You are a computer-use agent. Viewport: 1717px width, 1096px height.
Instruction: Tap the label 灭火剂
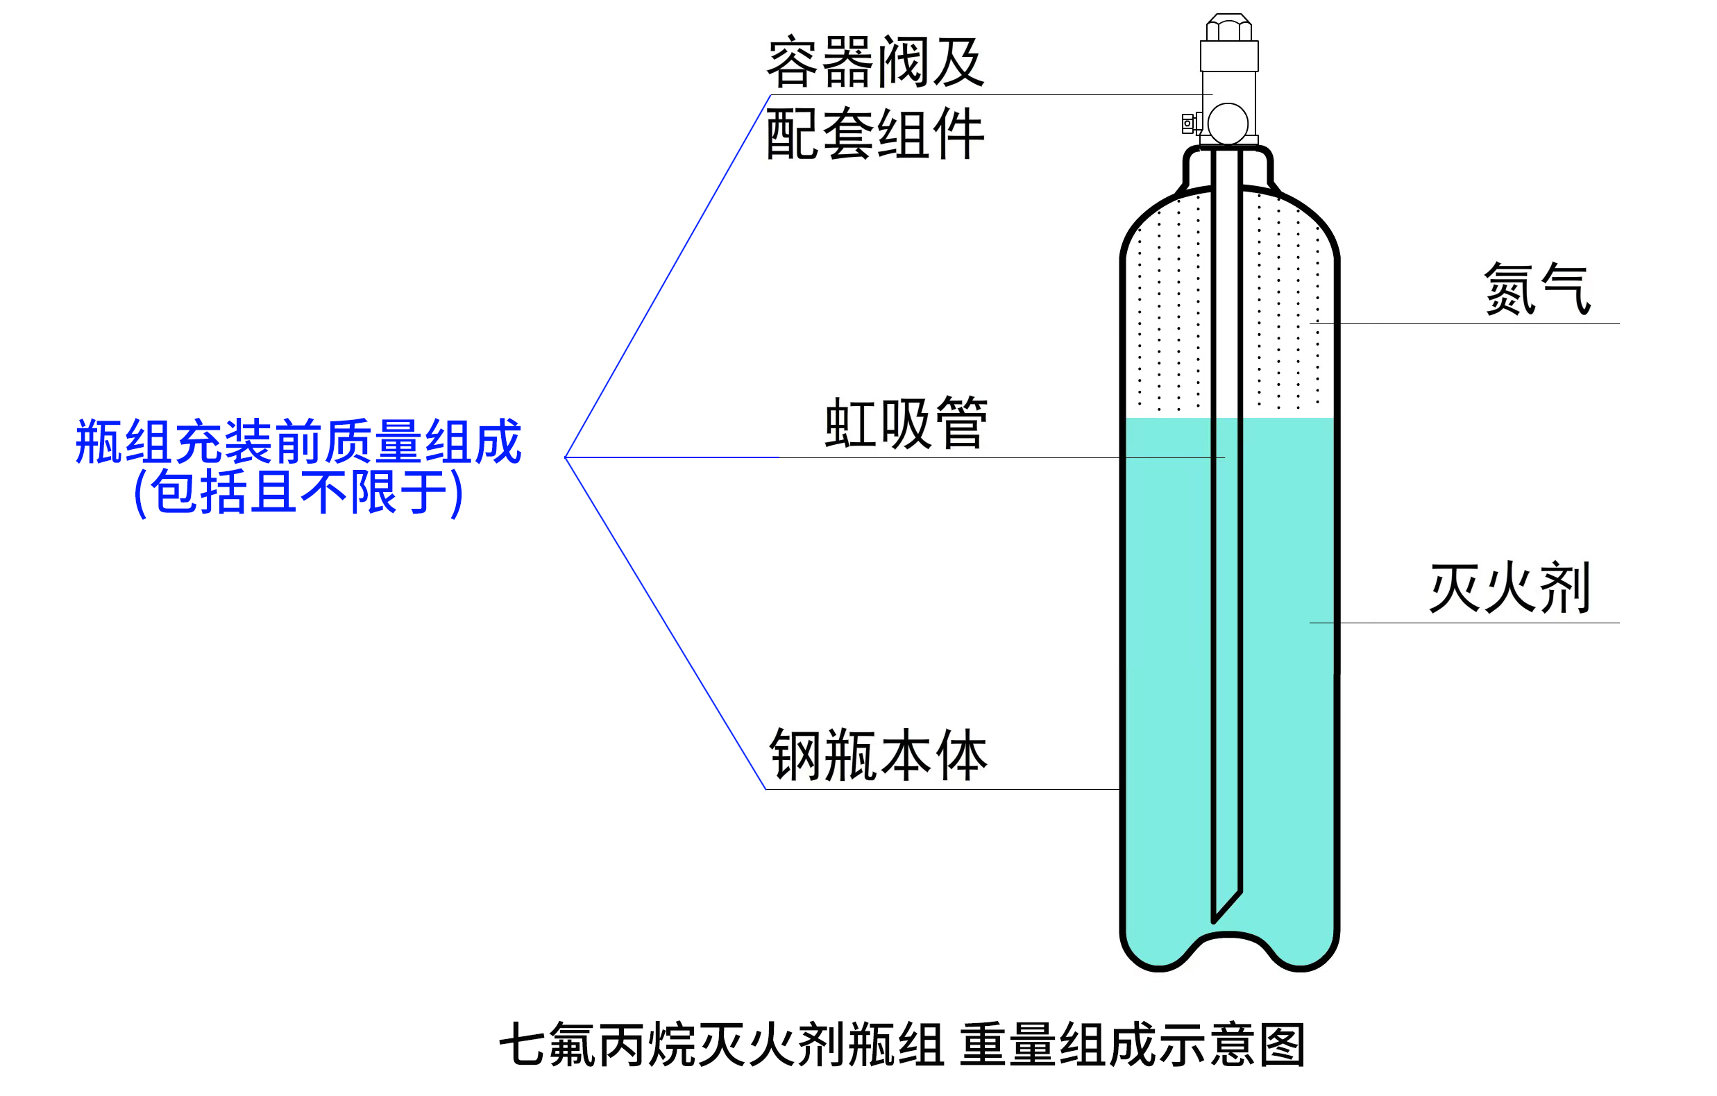(x=1509, y=588)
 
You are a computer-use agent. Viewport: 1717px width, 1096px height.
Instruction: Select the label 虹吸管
(x=906, y=423)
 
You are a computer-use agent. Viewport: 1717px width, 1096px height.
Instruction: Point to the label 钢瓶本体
(x=879, y=755)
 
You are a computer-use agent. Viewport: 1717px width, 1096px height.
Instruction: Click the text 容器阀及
(x=876, y=62)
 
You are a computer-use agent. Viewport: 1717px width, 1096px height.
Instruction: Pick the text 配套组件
(x=876, y=134)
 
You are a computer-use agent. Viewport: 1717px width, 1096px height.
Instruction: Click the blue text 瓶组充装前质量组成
(x=298, y=442)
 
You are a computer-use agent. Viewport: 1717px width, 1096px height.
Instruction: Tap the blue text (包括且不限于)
(x=298, y=492)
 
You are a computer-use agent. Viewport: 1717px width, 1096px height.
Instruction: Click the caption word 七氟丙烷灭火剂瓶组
(x=721, y=1045)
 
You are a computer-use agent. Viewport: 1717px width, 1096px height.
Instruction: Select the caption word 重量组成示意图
(x=1133, y=1045)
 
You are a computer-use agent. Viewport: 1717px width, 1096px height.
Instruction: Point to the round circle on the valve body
(x=1228, y=124)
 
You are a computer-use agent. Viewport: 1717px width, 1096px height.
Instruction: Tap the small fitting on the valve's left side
(x=1188, y=124)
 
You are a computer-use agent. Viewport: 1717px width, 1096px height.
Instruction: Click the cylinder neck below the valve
(x=1228, y=167)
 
